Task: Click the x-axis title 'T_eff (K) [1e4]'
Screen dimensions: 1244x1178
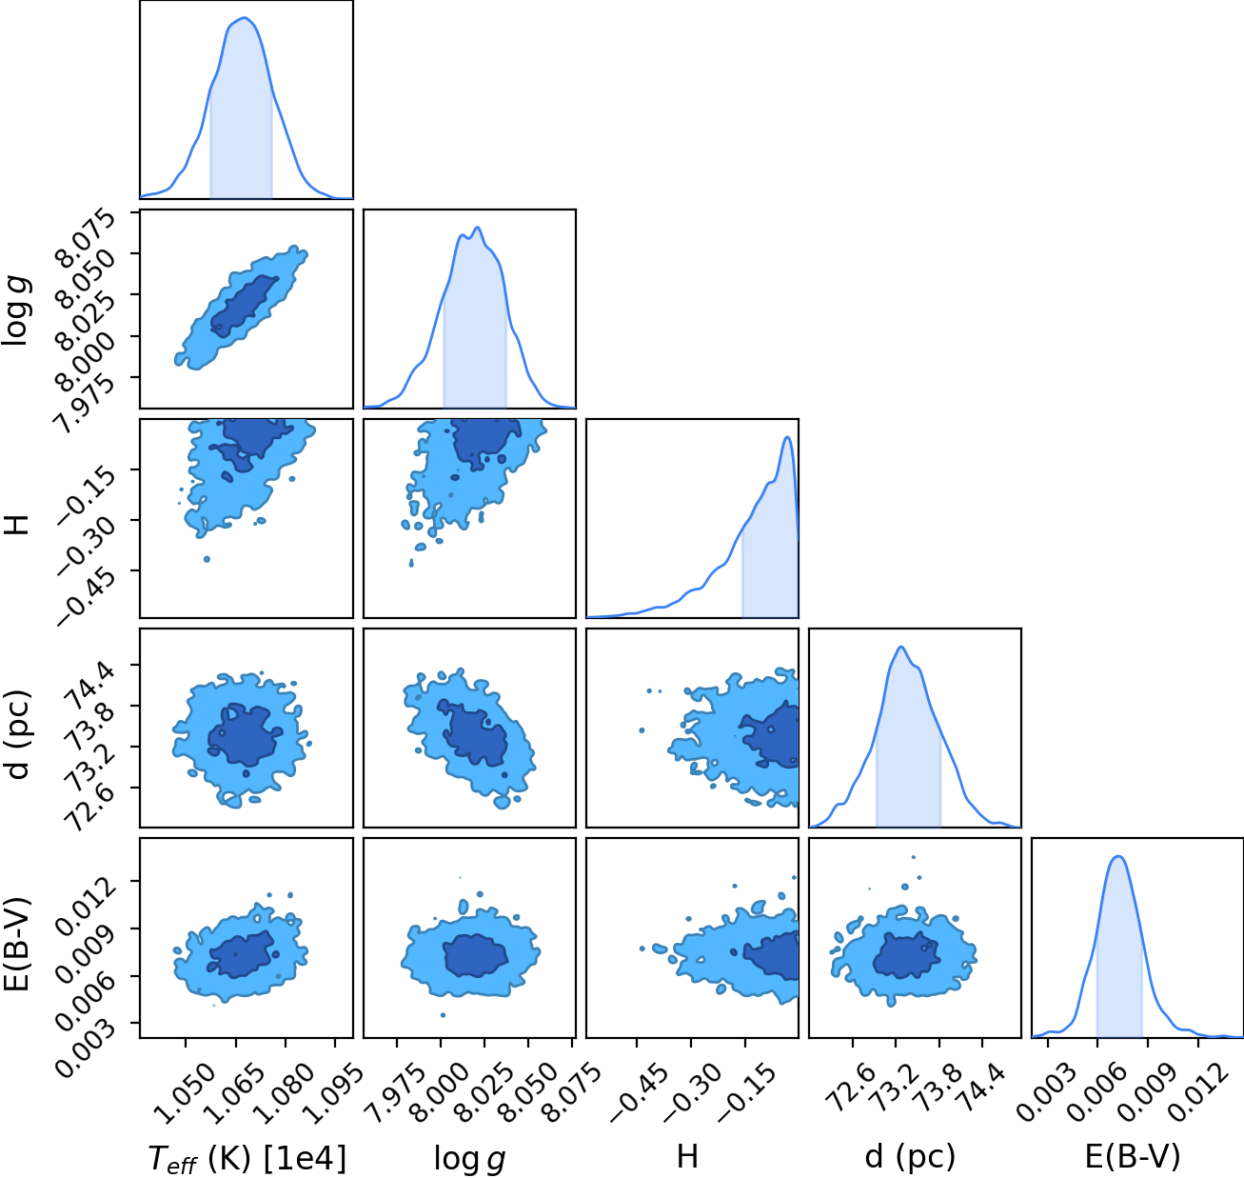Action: [x=247, y=1158]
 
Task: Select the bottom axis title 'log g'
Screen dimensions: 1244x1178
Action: [x=469, y=1159]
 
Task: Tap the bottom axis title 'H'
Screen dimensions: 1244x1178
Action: [x=687, y=1156]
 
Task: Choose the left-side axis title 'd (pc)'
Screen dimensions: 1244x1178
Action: [x=19, y=734]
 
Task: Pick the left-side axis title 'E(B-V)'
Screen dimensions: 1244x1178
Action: [x=19, y=944]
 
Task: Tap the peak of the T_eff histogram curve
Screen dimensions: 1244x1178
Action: [x=246, y=18]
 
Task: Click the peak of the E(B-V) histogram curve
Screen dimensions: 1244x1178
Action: [x=1118, y=856]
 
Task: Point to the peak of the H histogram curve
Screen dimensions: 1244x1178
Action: [x=787, y=437]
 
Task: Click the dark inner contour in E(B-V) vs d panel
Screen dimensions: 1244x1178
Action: [x=906, y=954]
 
